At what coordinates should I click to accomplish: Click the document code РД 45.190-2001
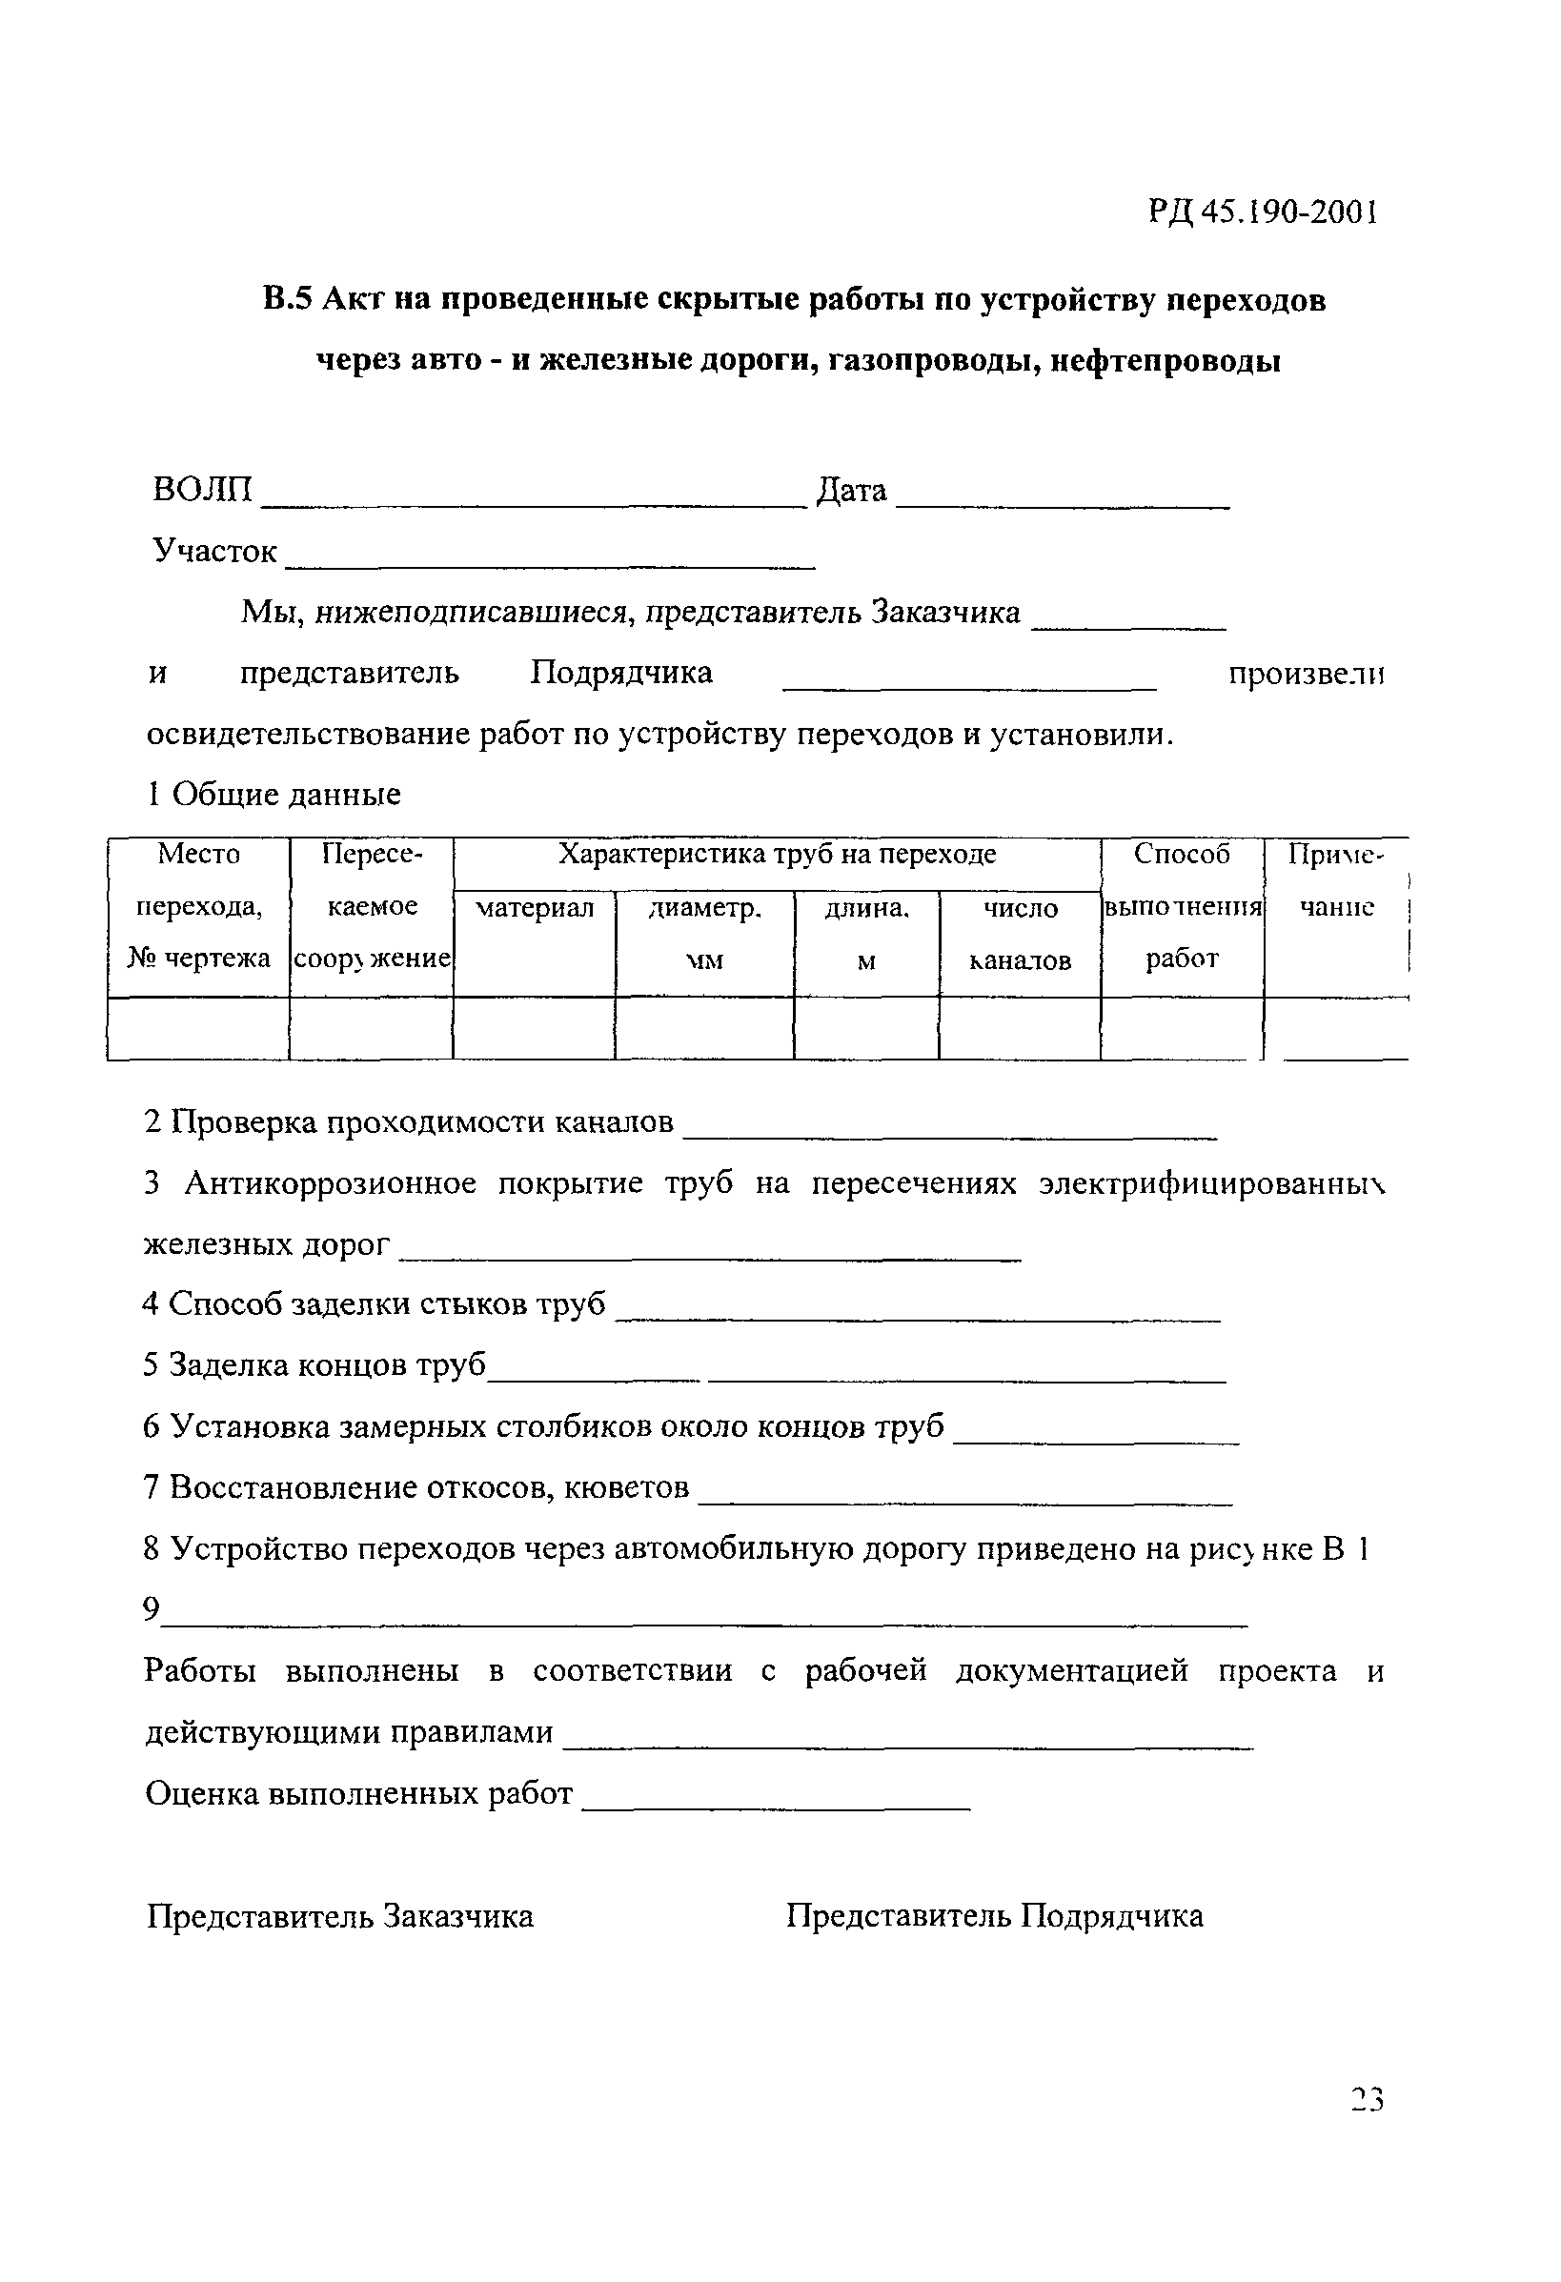(1263, 212)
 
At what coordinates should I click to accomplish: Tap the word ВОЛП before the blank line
(202, 489)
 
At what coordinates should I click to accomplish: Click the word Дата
(851, 490)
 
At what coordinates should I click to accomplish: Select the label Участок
(214, 551)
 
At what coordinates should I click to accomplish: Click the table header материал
(535, 908)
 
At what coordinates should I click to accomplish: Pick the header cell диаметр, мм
(704, 933)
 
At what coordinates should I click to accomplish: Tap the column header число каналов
(1020, 934)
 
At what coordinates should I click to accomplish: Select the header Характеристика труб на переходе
(776, 855)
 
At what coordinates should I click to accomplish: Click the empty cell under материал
(534, 1029)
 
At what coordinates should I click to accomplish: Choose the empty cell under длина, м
(865, 1029)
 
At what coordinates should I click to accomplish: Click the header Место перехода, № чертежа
(198, 905)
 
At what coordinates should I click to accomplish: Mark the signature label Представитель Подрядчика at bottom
(994, 1916)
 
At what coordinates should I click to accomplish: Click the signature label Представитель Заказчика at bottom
(340, 1916)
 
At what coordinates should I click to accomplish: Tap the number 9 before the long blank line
(151, 1607)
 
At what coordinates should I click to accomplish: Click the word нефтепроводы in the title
(1166, 361)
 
